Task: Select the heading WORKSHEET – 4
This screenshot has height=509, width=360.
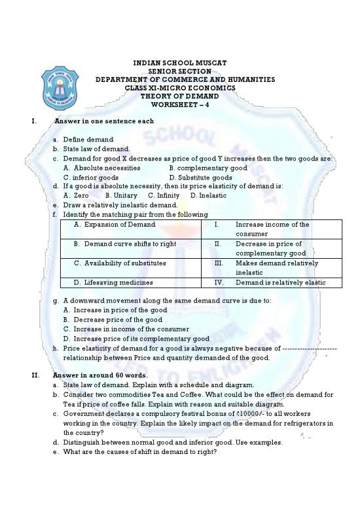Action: [180, 105]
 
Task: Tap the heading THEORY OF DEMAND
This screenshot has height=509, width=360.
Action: [180, 96]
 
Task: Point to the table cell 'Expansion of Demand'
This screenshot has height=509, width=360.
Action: [115, 225]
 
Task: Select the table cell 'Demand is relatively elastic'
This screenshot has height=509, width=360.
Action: [280, 282]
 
